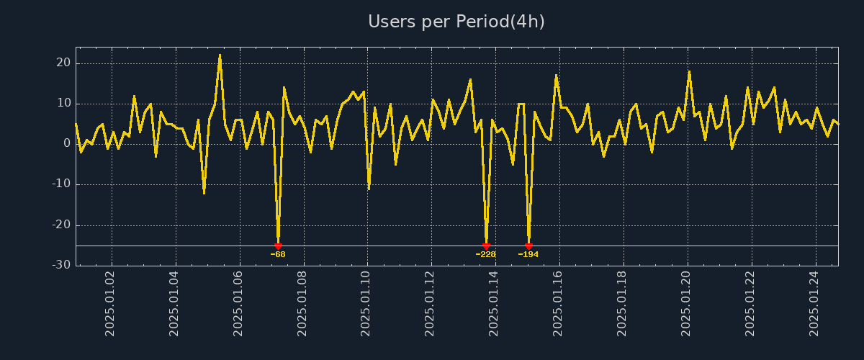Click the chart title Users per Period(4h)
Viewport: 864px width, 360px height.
(x=456, y=22)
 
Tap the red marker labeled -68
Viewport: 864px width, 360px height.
(x=278, y=246)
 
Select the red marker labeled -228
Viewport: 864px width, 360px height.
(x=486, y=246)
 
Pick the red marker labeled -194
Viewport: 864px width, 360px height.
(x=528, y=246)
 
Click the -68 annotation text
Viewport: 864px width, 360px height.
(x=278, y=254)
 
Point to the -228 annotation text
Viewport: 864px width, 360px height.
(x=486, y=254)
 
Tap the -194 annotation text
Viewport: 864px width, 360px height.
(x=528, y=254)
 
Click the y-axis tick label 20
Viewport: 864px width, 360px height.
(x=63, y=63)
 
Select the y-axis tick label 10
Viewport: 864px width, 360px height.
(x=63, y=104)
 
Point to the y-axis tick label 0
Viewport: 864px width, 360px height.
(x=67, y=144)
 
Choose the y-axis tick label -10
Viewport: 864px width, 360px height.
(x=61, y=184)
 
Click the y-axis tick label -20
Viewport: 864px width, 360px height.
(x=61, y=225)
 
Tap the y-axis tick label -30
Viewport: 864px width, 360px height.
(x=61, y=265)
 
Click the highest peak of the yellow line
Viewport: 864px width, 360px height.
(x=220, y=55)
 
